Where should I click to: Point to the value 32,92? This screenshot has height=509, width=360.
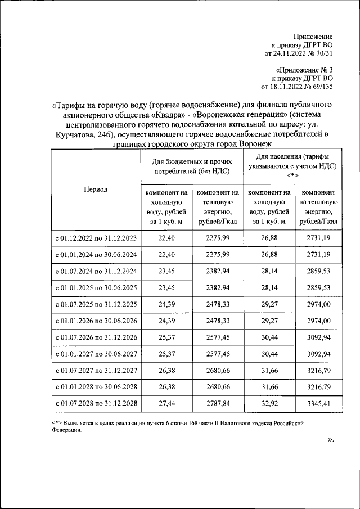pos(269,403)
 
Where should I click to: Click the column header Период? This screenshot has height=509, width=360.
pos(96,190)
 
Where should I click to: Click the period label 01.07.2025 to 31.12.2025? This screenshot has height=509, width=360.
pos(96,304)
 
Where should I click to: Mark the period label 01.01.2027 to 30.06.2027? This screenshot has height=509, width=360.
pos(96,354)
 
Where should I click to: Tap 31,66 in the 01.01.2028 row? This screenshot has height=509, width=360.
pos(269,387)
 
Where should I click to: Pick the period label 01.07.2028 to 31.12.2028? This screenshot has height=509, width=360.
pos(96,403)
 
